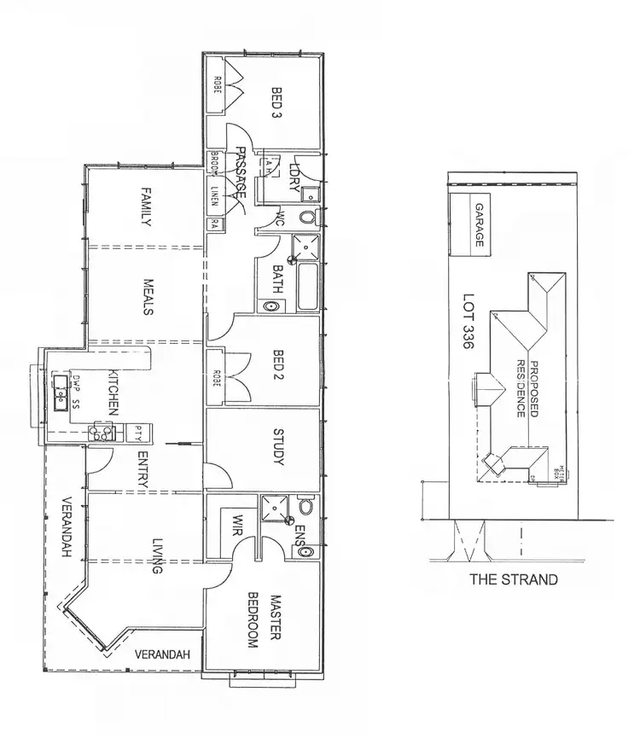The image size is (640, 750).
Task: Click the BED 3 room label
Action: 276,102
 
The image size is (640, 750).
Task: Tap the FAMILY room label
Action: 146,207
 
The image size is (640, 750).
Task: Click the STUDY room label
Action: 276,447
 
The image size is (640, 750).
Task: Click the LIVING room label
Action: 157,555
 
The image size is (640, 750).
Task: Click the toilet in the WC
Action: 306,217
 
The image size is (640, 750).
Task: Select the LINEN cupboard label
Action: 215,196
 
